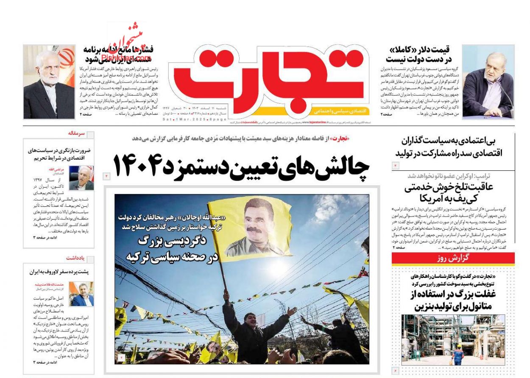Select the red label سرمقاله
[76, 133]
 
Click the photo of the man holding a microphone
[488, 81]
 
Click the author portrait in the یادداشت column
[81, 294]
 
